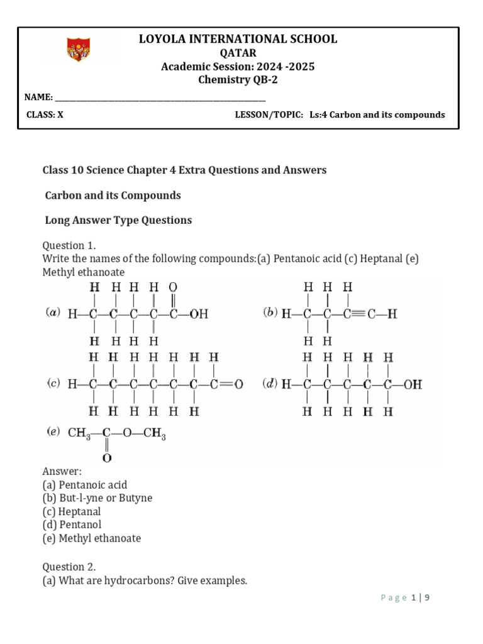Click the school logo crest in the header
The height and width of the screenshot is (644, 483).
(x=79, y=49)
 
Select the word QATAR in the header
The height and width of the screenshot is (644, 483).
(x=238, y=53)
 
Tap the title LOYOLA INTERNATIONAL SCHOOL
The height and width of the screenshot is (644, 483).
(x=238, y=39)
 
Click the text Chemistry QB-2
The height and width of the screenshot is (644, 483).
(x=238, y=80)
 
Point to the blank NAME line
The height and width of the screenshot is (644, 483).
(x=160, y=98)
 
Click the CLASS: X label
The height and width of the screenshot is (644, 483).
(x=45, y=114)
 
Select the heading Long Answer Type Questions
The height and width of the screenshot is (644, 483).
(x=118, y=220)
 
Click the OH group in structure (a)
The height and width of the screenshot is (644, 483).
(x=197, y=313)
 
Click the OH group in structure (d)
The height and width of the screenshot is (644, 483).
(x=413, y=384)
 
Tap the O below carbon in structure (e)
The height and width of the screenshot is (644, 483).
(x=107, y=458)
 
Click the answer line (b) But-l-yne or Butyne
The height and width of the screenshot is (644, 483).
(x=97, y=498)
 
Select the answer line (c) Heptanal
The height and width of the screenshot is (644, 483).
(x=72, y=511)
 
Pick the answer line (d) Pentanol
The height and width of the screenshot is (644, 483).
(x=72, y=525)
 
